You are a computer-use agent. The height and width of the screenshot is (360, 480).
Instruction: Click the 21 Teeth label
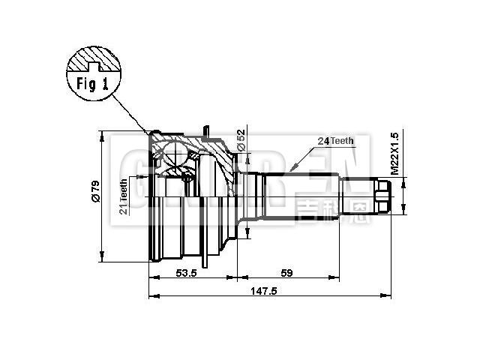pos(124,196)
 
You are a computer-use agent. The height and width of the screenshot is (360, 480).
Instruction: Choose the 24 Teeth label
pos(334,141)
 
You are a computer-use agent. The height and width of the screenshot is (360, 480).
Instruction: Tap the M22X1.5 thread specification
pos(392,154)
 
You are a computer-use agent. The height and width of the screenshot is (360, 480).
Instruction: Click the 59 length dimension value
pos(286,274)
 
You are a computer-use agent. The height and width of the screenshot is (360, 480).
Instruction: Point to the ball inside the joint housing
pos(175,155)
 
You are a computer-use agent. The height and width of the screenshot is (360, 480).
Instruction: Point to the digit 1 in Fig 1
pos(106,83)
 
